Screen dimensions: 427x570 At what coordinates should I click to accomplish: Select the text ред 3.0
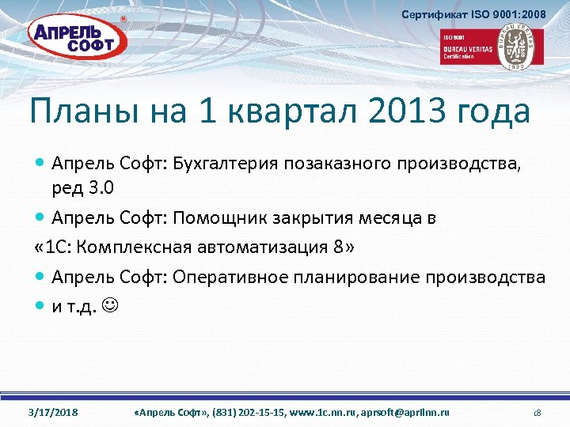coord(82,188)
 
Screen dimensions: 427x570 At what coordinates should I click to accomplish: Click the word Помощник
coord(215,217)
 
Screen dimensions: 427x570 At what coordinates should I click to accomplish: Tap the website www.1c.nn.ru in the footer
coord(321,413)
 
